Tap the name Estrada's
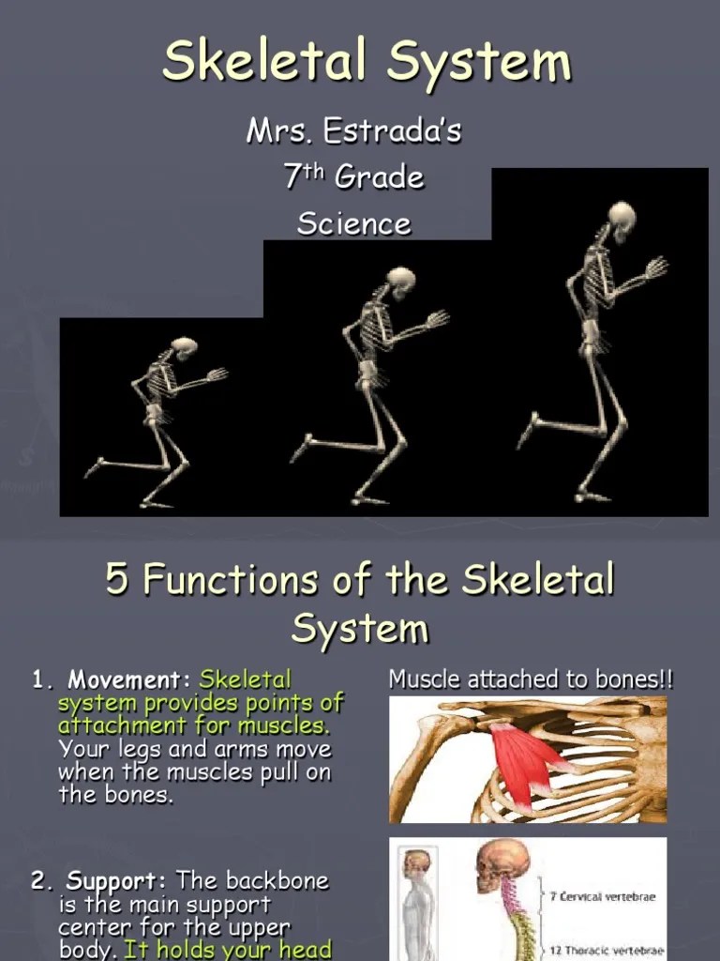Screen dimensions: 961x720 393,131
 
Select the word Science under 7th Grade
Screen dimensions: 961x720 354,223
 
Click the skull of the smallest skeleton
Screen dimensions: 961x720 185,347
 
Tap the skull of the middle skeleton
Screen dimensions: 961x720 401,280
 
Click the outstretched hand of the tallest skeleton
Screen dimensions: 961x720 657,267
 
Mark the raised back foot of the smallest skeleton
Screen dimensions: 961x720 95,466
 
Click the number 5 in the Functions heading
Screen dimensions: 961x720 116,579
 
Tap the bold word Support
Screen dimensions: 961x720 116,881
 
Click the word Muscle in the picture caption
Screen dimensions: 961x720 419,679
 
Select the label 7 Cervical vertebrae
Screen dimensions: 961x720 603,896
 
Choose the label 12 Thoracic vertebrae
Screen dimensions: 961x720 607,950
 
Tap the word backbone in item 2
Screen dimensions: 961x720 278,881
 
